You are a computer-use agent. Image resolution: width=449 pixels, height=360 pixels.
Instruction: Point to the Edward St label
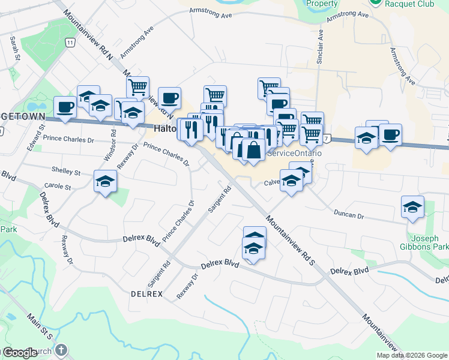point(41,136)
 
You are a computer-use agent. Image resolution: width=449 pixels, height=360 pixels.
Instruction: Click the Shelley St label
point(66,172)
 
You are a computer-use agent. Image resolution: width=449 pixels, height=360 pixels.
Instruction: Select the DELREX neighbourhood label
point(146,294)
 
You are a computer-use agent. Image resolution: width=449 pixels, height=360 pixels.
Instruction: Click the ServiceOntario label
point(294,154)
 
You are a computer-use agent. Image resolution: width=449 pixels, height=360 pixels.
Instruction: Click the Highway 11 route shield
point(71,43)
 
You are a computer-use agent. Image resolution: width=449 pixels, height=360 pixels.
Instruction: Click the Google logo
point(19,353)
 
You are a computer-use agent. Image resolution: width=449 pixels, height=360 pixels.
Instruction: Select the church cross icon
point(61,350)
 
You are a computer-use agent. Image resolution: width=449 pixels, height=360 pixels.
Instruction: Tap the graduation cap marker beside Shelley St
point(105,182)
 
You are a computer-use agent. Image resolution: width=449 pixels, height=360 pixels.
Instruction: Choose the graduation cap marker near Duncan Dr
point(412,207)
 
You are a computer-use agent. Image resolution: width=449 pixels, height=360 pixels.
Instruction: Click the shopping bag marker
point(254,150)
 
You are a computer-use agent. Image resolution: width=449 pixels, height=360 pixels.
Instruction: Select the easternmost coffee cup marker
point(390,135)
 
